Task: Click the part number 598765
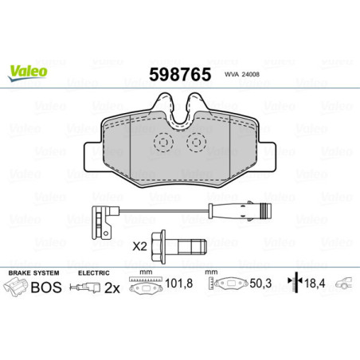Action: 179,74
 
